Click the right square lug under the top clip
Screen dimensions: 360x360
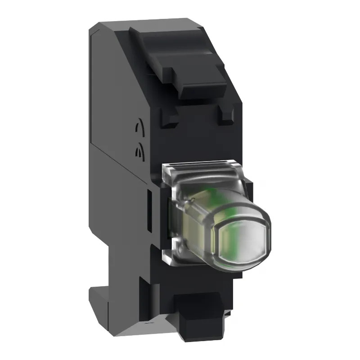(226, 116)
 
